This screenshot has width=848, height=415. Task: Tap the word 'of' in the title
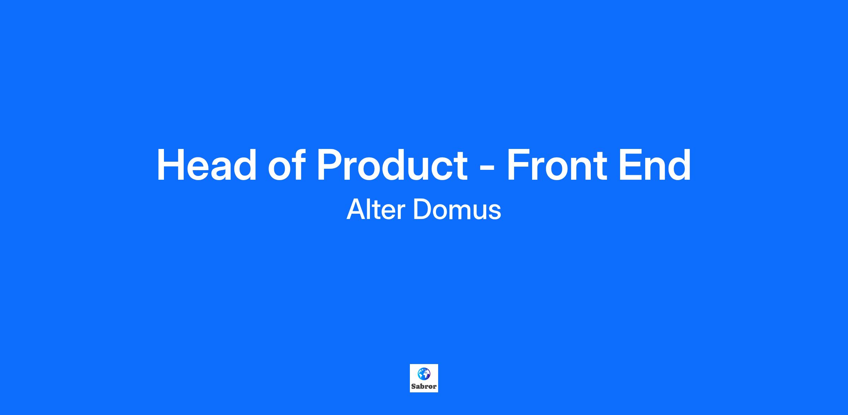point(287,165)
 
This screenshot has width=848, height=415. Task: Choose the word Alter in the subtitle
point(375,210)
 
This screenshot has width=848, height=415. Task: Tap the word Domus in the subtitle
point(457,210)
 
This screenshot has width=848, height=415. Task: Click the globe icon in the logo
point(424,374)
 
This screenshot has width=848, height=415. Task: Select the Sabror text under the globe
point(424,386)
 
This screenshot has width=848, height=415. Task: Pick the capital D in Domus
point(422,210)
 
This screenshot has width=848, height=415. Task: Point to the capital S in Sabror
point(414,386)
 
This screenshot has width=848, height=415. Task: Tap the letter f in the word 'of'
point(299,165)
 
